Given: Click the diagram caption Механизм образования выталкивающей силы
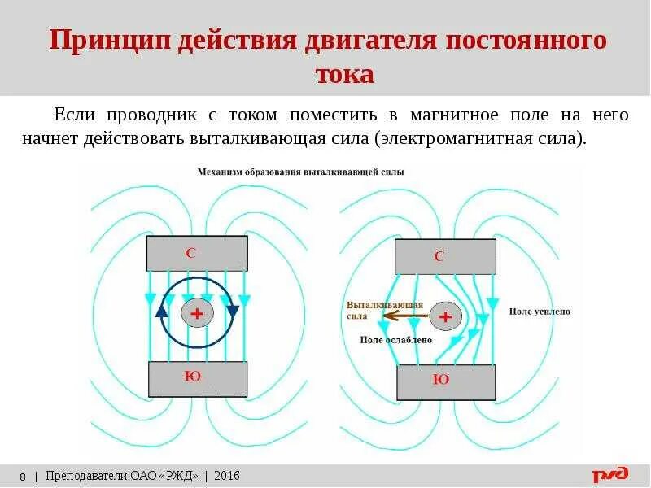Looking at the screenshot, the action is [x=299, y=172].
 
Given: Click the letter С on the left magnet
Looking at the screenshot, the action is [x=190, y=253].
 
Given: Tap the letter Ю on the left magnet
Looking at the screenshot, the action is [x=193, y=376].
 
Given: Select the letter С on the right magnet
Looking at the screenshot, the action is [x=439, y=256].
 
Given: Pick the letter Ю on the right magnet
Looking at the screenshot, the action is [x=441, y=380].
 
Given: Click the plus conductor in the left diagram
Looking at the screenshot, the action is [x=197, y=313].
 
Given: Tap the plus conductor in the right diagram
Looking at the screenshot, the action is [x=444, y=316].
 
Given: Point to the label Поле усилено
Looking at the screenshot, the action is [x=540, y=312].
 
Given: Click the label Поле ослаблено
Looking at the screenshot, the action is [x=395, y=340].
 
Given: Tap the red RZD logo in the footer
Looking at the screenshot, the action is [x=609, y=474].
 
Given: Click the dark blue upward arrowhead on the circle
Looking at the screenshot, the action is [x=161, y=311].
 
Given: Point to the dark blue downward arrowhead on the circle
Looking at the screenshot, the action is [x=233, y=312].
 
